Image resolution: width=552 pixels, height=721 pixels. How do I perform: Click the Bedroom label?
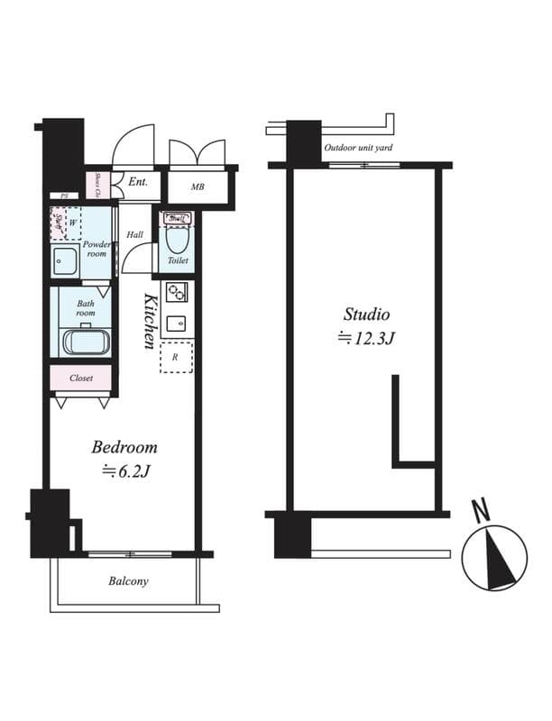124,447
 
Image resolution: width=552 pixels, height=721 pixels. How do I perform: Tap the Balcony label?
128,581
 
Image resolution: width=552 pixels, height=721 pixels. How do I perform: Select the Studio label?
365,315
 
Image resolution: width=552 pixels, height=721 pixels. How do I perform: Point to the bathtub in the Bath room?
86,343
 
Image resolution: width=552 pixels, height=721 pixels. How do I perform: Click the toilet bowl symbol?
177,242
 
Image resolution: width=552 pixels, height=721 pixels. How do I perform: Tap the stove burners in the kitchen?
175,292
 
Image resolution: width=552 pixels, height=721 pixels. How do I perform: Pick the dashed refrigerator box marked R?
176,356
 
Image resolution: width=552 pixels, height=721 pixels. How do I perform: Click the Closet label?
81,379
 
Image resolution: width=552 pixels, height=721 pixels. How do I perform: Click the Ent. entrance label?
138,182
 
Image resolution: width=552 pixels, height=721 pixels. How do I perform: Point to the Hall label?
134,234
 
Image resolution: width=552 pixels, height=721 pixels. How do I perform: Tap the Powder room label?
97,249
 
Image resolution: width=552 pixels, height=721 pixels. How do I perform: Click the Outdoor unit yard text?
358,148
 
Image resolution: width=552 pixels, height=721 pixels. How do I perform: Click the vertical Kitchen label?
151,320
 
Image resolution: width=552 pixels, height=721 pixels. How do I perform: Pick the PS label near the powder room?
64,196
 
